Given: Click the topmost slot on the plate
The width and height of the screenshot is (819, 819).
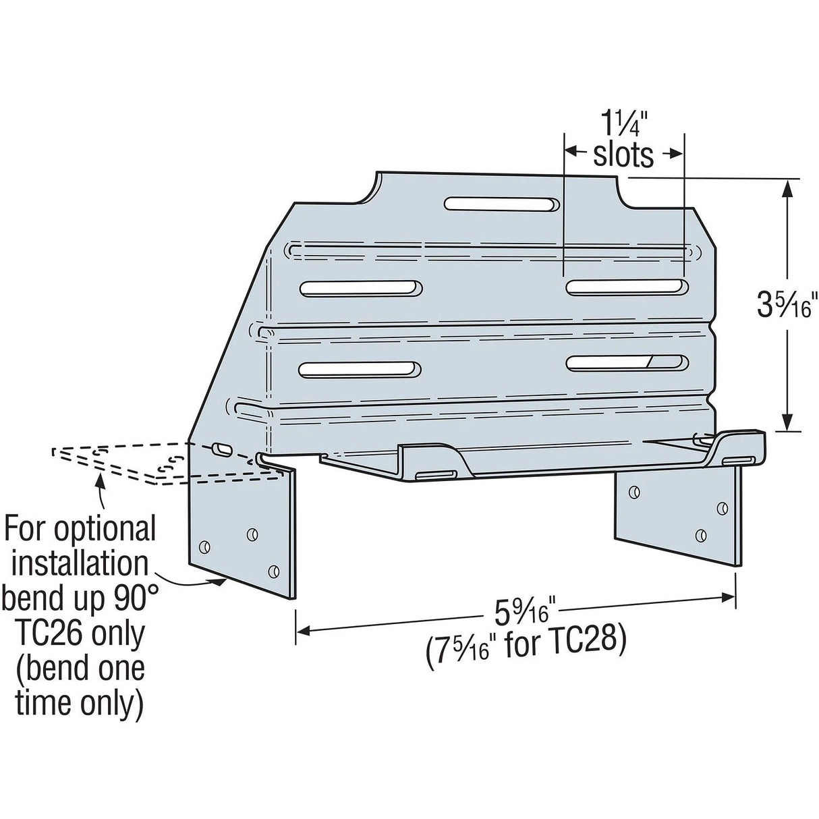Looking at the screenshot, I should tap(502, 204).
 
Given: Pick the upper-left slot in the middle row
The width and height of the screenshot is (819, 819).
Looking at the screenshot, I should tap(361, 288).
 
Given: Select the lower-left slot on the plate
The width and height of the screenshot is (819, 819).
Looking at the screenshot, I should tap(361, 369).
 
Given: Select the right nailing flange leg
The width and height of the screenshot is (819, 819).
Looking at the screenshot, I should tap(678, 513).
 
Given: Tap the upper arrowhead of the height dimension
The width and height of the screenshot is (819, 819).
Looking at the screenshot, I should tap(787, 187).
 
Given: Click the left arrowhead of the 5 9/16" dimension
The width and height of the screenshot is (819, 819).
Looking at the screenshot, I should tap(302, 631).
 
